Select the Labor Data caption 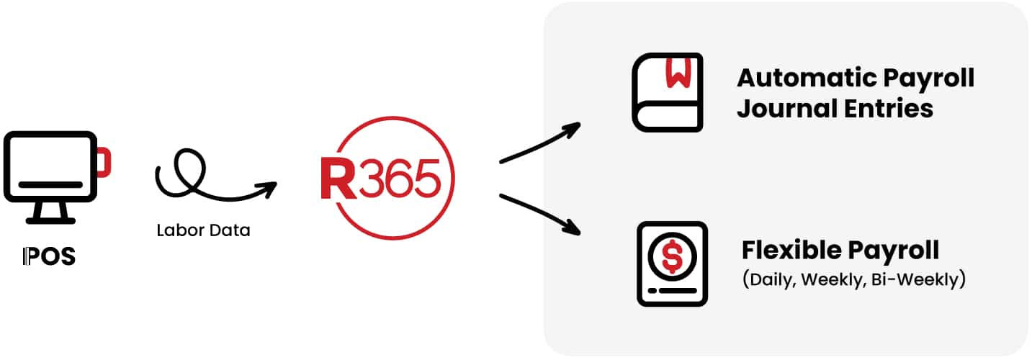pos(203,231)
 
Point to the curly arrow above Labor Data pos(209,180)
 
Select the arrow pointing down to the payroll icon pos(540,214)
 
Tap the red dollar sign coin pos(672,257)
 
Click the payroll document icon pos(672,264)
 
